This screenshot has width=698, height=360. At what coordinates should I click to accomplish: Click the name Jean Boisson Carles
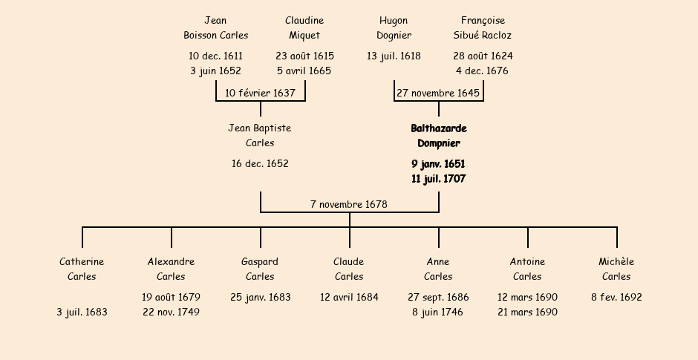tap(215, 28)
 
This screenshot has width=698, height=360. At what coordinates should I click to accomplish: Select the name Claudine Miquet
tap(304, 28)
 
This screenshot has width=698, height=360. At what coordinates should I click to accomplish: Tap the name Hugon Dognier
tap(394, 28)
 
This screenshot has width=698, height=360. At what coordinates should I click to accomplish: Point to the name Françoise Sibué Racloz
tap(483, 28)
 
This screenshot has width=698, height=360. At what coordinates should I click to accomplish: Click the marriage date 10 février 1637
tap(260, 94)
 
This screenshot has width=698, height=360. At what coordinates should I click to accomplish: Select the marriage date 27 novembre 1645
tap(438, 94)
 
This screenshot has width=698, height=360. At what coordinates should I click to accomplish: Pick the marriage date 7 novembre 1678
tap(349, 204)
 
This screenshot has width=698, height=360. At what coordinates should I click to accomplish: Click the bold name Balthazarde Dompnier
tap(438, 136)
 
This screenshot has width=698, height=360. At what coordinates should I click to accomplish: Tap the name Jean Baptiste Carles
tap(260, 136)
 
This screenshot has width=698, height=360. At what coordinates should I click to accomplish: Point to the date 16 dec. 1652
tap(260, 164)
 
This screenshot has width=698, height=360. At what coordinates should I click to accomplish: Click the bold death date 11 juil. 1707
tap(438, 179)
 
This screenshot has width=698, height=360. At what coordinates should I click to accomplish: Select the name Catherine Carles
tap(82, 269)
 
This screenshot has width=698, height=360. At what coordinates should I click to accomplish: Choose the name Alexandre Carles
tap(171, 269)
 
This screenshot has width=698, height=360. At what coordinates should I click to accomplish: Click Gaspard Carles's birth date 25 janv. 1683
tap(260, 298)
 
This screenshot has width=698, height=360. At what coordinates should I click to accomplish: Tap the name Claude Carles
tap(349, 269)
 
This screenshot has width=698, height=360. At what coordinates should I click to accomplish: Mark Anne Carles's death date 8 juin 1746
tap(438, 312)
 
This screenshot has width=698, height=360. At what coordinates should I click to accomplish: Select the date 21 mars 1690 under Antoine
tap(527, 312)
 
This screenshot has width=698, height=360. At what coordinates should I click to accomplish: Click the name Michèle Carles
tap(616, 269)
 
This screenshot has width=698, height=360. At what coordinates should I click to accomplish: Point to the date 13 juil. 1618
tap(394, 56)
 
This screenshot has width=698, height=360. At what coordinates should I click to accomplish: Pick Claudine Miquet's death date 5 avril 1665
tap(304, 71)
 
